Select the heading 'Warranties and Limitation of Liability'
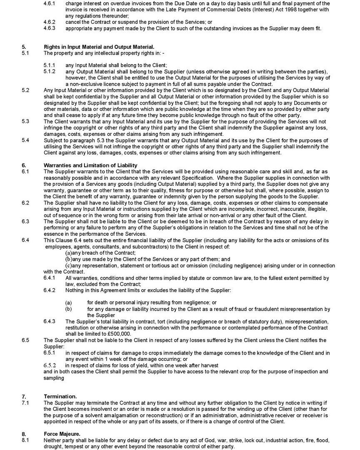[90, 165]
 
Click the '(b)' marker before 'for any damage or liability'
[68, 309]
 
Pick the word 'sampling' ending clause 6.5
[54, 378]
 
